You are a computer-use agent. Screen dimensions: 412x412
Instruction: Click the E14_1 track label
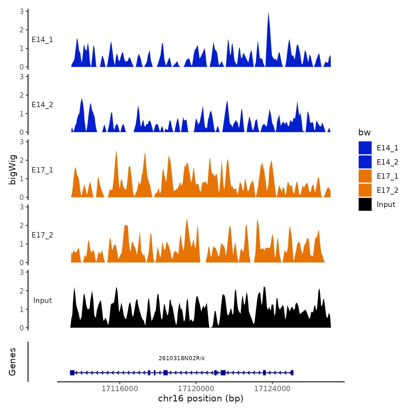[x=42, y=40]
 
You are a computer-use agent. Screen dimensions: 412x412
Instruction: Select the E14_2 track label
[x=42, y=105]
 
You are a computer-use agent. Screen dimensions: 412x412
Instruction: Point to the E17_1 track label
[x=42, y=170]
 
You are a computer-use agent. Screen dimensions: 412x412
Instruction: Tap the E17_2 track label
[x=42, y=235]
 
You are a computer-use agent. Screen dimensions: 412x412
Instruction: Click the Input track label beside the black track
[x=42, y=300]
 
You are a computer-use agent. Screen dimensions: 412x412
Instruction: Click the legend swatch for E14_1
[x=365, y=148]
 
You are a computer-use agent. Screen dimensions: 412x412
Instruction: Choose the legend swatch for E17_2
[x=365, y=190]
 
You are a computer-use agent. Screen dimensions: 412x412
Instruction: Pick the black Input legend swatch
[x=365, y=204]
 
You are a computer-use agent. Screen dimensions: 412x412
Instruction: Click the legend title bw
[x=364, y=133]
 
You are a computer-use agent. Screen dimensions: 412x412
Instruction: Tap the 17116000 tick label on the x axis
[x=120, y=389]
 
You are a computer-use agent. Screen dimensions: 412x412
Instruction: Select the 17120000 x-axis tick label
[x=196, y=389]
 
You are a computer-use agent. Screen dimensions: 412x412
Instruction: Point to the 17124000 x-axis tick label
[x=272, y=389]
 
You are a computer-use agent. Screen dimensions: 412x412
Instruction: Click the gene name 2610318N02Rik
[x=182, y=358]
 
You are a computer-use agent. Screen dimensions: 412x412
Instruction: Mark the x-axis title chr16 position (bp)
[x=201, y=398]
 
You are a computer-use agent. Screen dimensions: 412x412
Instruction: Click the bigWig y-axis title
[x=12, y=170]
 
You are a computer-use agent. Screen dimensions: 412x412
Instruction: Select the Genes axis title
[x=12, y=362]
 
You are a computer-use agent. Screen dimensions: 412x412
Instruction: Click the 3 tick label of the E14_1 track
[x=22, y=11]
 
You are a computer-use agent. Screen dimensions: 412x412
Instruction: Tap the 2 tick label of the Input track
[x=22, y=291]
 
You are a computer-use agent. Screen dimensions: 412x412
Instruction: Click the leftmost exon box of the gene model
[x=72, y=373]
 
